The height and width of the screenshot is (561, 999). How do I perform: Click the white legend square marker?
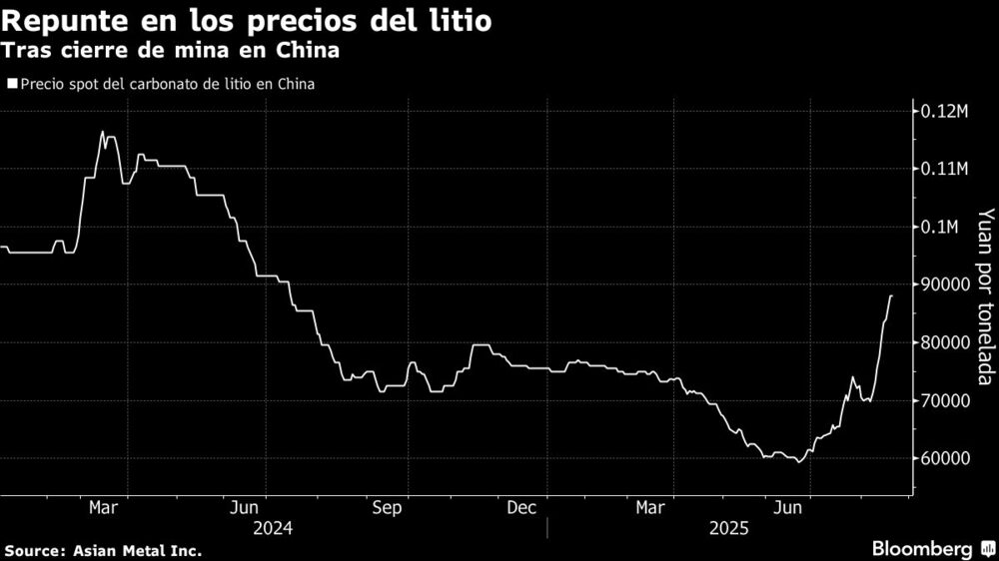11,85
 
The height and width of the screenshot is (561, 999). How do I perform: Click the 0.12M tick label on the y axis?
943,111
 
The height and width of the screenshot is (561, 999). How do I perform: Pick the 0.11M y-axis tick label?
943,170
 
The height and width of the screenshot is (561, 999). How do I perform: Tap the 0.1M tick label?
939,228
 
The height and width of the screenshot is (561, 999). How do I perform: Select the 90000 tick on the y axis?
944,285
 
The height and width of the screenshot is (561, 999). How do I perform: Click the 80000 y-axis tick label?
944,343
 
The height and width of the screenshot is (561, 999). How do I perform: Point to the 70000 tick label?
944,401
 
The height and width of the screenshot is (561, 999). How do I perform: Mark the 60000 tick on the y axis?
944,459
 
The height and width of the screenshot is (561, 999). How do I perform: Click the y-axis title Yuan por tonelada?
985,296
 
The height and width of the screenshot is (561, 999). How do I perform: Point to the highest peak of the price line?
103,132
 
